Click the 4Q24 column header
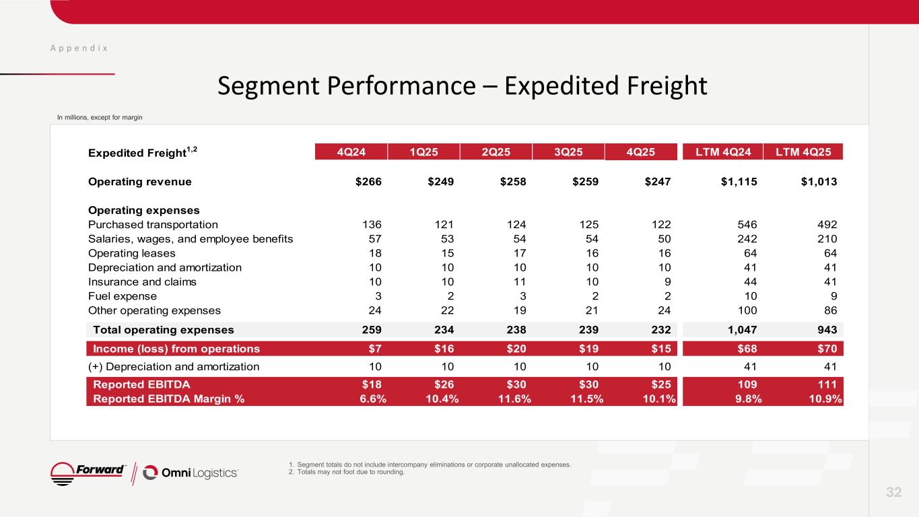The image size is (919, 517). click(x=352, y=151)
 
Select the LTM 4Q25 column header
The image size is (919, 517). click(x=803, y=151)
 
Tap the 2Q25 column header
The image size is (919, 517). click(x=496, y=151)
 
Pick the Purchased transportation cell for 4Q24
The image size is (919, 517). click(x=371, y=225)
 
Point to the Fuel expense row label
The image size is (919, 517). click(x=123, y=296)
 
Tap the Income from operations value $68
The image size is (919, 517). click(x=745, y=349)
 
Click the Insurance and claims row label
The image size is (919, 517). click(x=142, y=282)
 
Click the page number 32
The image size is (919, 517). click(x=893, y=492)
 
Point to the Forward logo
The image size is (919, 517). click(x=88, y=472)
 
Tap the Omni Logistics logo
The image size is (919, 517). click(x=191, y=473)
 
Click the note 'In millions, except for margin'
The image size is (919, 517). click(x=100, y=118)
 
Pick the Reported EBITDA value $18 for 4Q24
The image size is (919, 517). click(x=372, y=384)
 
